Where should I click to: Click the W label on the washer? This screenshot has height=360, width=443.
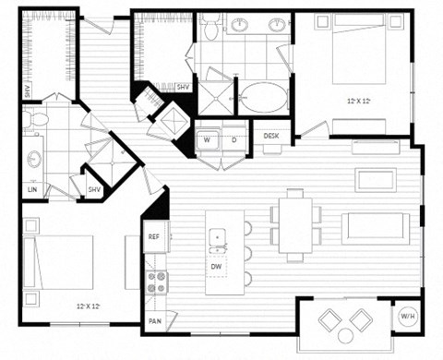pos(208,140)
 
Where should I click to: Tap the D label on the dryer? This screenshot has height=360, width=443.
pos(234,140)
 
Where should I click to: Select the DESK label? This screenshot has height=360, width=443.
pos(271,136)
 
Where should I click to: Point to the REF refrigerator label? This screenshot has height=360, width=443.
pos(154,236)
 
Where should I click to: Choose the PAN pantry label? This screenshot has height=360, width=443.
pos(154,321)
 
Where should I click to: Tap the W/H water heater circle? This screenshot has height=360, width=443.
pos(406,317)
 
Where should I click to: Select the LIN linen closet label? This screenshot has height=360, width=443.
pos(33,189)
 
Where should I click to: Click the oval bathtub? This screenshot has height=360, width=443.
pos(264,97)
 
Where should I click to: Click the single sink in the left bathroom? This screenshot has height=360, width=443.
pos(34,158)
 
